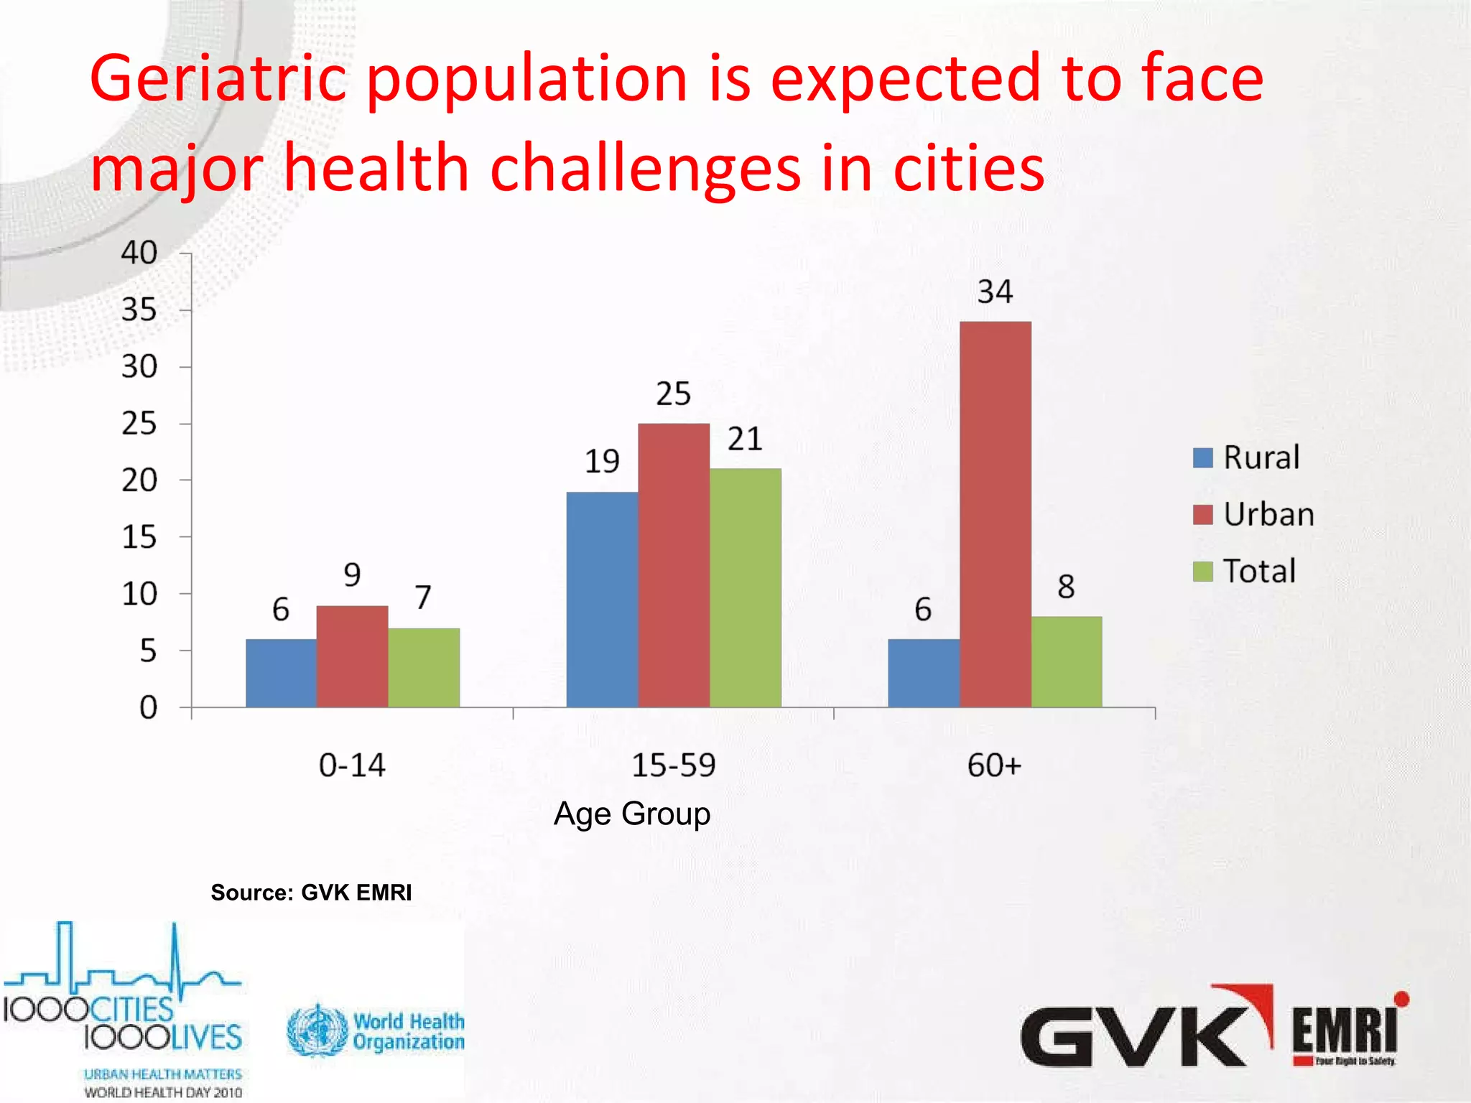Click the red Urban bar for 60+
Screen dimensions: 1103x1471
(995, 514)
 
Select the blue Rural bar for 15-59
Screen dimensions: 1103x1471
(602, 600)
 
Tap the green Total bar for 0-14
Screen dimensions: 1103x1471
(424, 668)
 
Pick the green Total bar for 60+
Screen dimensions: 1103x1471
(1066, 662)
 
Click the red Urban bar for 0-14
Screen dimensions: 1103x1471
(352, 656)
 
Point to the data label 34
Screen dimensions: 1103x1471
(995, 292)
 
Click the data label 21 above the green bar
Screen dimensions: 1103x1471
(745, 439)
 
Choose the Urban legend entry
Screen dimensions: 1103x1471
(1254, 514)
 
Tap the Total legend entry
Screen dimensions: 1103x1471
(1245, 571)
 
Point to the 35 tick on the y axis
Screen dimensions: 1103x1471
(139, 310)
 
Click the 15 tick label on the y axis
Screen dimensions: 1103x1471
(139, 537)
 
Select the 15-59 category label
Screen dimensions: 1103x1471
(673, 765)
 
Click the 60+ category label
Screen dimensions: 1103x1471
(994, 765)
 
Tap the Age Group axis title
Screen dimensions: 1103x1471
(632, 814)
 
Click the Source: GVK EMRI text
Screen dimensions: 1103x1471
(311, 893)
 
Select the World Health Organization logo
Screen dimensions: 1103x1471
(375, 1031)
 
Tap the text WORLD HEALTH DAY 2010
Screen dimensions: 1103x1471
(163, 1092)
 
